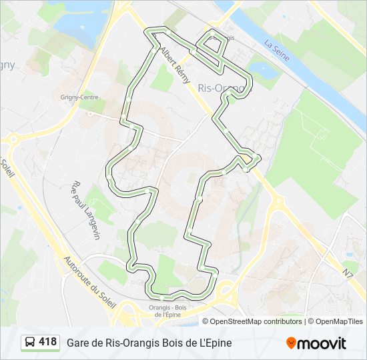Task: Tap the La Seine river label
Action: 276,51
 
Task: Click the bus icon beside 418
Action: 30,343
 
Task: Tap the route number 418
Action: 47,342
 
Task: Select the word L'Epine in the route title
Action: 214,343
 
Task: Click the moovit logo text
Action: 322,343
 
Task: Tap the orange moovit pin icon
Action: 291,343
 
